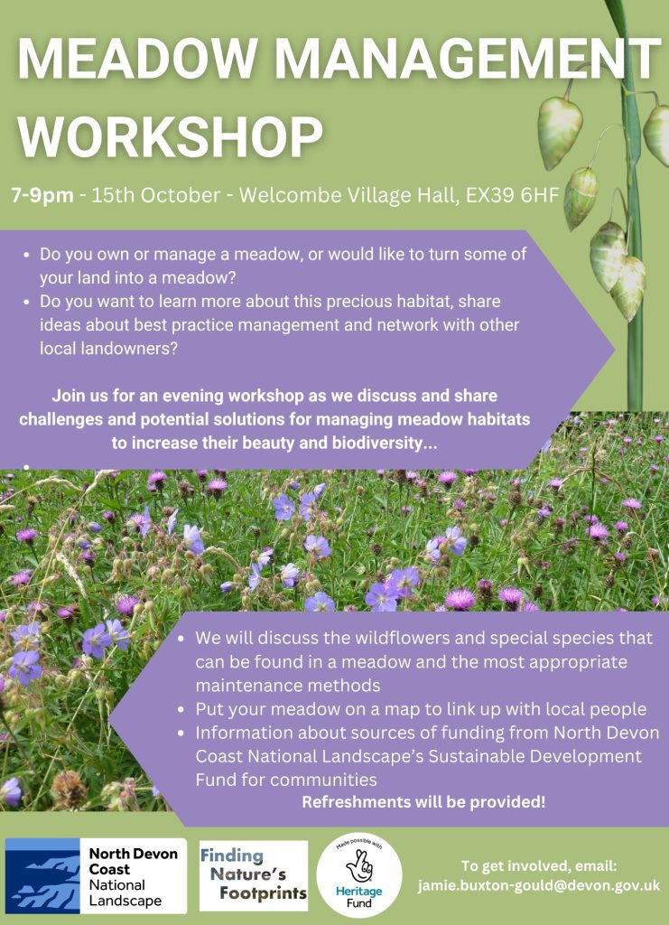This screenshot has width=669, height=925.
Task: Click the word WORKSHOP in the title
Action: tap(171, 136)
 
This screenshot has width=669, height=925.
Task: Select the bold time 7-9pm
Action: tap(42, 195)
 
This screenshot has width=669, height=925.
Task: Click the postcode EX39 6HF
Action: tap(512, 195)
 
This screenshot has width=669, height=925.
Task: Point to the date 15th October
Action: tap(156, 195)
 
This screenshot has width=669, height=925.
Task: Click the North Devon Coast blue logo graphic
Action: tap(42, 875)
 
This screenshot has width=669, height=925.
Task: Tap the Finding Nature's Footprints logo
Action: tap(254, 875)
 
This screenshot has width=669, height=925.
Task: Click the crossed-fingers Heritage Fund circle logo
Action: tap(359, 875)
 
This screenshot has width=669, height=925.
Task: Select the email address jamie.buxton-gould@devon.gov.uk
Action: tap(539, 885)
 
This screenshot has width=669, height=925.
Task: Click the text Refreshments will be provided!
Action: tap(423, 802)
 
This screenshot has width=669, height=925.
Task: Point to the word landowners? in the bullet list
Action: tap(109, 348)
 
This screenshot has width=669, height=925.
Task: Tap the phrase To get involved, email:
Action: tap(539, 866)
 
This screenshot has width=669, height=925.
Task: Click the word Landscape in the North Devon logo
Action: tap(125, 901)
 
